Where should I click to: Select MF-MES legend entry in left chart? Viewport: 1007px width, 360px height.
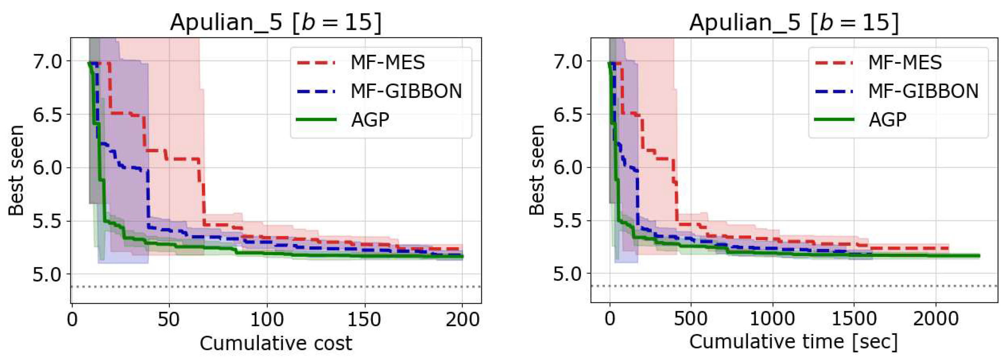[387, 63]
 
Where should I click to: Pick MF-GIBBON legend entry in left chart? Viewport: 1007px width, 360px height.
[406, 91]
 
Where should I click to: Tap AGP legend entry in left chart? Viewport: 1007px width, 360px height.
[370, 120]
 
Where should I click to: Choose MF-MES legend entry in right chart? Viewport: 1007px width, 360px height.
[905, 63]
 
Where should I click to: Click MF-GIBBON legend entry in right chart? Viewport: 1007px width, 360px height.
[923, 91]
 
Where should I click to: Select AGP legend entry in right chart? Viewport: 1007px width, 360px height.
[887, 120]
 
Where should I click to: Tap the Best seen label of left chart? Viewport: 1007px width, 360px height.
[16, 170]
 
